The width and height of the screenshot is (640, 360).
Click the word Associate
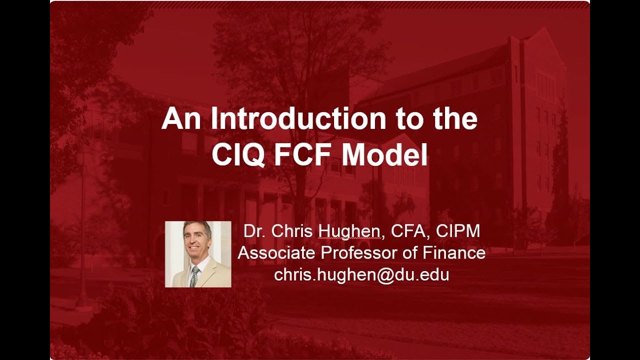click(277, 253)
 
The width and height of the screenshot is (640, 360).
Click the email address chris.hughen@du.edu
click(361, 274)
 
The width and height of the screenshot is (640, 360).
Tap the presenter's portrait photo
click(198, 254)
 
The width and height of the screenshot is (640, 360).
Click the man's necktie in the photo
click(194, 276)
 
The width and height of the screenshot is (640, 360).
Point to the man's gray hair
click(197, 227)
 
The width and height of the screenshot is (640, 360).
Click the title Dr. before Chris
click(254, 231)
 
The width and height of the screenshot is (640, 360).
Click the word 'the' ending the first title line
click(453, 119)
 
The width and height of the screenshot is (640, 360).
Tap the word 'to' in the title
click(400, 119)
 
